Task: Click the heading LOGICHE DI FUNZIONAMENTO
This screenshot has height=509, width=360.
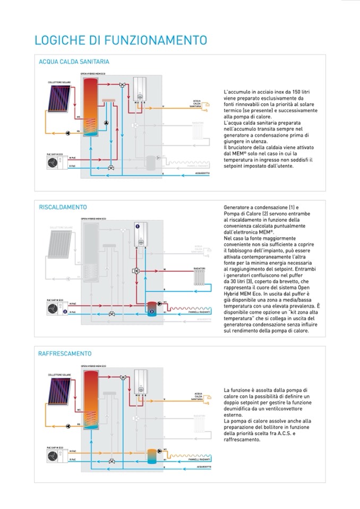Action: coord(121,40)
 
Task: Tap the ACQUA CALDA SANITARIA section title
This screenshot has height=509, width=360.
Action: coord(74,62)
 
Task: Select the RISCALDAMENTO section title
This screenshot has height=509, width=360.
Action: coord(63,207)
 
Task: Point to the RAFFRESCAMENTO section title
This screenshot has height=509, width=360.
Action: coord(65,353)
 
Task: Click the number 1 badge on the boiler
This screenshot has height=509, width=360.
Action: coord(138,226)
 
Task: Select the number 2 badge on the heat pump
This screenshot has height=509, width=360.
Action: coord(64,312)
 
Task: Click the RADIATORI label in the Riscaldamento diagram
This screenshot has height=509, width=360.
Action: coord(200,269)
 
